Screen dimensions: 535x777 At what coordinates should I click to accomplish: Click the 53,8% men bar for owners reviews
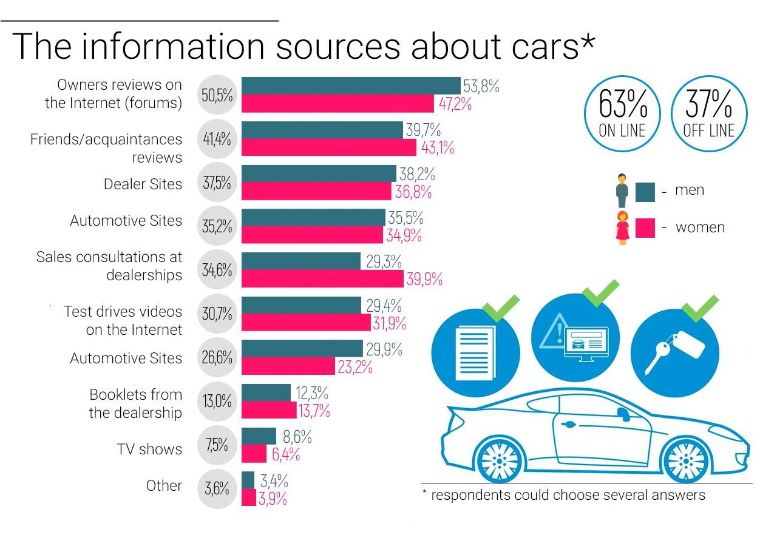coord(351,86)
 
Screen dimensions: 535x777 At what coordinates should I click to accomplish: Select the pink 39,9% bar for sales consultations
coord(322,278)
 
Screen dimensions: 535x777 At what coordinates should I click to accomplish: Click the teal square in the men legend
coord(645,192)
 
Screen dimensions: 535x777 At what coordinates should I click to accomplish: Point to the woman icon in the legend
coord(622,227)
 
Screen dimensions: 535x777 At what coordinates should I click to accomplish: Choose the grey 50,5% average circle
coord(217,95)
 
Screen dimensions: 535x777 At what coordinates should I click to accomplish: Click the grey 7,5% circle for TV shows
coord(217,445)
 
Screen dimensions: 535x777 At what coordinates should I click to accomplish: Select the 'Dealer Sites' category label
coord(143,184)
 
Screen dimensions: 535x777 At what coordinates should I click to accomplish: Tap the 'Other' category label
coord(164,485)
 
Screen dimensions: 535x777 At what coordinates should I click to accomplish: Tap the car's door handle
coord(569,425)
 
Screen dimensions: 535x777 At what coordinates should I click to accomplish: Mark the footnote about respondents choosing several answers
coord(564,495)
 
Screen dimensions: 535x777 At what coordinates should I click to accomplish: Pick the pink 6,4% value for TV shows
coord(285,454)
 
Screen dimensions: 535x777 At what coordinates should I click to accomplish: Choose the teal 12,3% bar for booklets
coord(266,392)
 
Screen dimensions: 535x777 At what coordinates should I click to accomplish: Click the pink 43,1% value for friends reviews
coord(437,147)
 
